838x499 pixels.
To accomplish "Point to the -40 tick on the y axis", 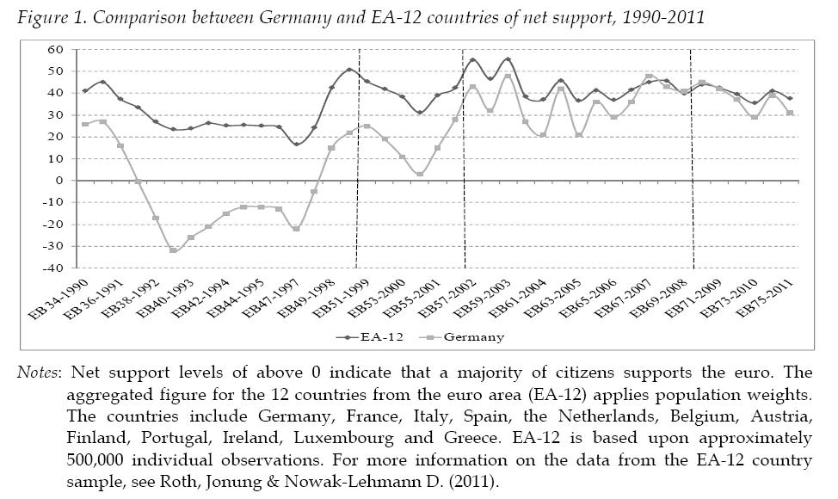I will tap(57, 268).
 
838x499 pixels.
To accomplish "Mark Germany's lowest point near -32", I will tap(173, 250).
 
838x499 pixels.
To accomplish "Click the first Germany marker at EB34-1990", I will tap(84, 124).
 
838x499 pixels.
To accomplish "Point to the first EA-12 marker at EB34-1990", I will tap(84, 90).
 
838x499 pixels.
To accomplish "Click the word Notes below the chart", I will tap(40, 373).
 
